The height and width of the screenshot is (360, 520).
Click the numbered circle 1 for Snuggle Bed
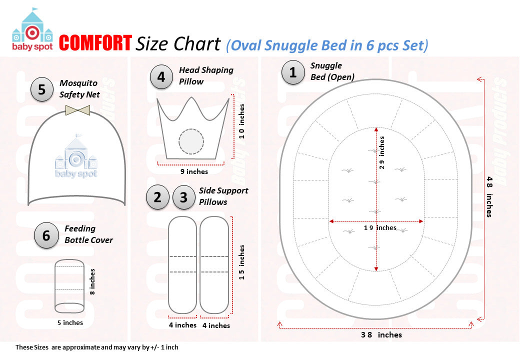tap(293, 72)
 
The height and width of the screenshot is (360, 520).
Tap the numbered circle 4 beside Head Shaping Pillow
tap(161, 77)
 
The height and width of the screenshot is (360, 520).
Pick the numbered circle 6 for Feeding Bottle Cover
tap(46, 235)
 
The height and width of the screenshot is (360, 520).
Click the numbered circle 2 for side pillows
tap(158, 197)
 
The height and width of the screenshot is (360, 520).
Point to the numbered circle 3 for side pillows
tap(184, 197)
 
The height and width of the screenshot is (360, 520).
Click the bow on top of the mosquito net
tap(77, 110)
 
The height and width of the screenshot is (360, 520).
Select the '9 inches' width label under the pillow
tap(194, 171)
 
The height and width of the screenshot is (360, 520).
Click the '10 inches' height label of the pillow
tap(242, 121)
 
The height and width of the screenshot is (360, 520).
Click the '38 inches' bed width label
tap(381, 334)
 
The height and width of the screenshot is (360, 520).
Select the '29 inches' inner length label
tap(382, 153)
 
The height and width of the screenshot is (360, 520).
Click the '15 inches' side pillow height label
tap(242, 262)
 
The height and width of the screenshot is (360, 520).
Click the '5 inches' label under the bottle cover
tap(70, 322)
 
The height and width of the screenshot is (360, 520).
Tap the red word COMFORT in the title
tap(95, 43)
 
